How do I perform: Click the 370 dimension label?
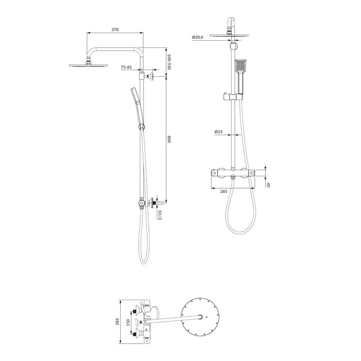(x=115, y=29)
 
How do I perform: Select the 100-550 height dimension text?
(x=169, y=62)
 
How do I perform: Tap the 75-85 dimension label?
(x=126, y=67)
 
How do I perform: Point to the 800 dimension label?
(x=169, y=139)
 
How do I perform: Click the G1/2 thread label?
(x=160, y=215)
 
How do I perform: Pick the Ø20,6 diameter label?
(x=198, y=37)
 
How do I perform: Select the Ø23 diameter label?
(x=219, y=132)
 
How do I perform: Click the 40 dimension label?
(x=268, y=185)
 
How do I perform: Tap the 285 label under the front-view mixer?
(x=224, y=191)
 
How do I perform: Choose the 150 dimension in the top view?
(x=128, y=322)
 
